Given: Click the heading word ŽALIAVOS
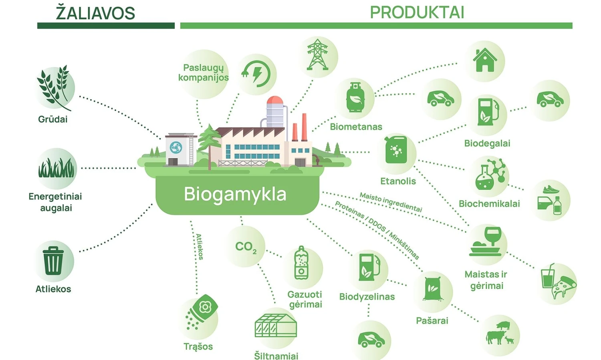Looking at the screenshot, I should point(95,13).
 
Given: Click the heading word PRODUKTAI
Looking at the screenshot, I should point(417,13).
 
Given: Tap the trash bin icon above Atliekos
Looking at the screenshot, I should point(53,261).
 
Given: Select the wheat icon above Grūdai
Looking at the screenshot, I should point(54,88).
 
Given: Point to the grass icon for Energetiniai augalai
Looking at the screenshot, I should point(56,168).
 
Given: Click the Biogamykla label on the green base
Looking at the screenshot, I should point(235,194).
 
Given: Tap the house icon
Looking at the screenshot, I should point(485,60).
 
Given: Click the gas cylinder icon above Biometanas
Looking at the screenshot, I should point(355,98).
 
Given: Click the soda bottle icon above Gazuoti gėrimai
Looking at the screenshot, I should point(302,264).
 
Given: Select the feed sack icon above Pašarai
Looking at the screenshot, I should point(432,289).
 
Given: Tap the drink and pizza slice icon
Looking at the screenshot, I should point(557,282).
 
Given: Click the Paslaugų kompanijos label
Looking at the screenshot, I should point(204,72).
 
